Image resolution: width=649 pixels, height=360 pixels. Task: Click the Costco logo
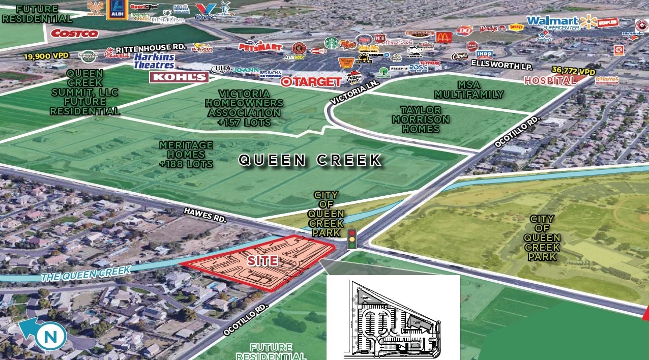tap(74, 33)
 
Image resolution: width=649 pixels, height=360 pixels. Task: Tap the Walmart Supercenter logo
tap(561, 22)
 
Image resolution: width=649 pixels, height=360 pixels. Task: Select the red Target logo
tap(311, 81)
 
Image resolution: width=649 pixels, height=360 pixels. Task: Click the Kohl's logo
tap(179, 77)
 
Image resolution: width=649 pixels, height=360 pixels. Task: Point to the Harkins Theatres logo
tap(154, 61)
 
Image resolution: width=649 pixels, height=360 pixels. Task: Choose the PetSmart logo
tap(260, 47)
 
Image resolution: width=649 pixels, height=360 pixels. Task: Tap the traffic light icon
tap(351, 239)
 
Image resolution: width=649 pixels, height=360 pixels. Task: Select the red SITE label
tap(262, 261)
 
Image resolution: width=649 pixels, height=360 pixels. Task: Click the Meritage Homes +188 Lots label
tap(186, 154)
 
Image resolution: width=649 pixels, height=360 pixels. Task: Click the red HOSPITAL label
tap(550, 80)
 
